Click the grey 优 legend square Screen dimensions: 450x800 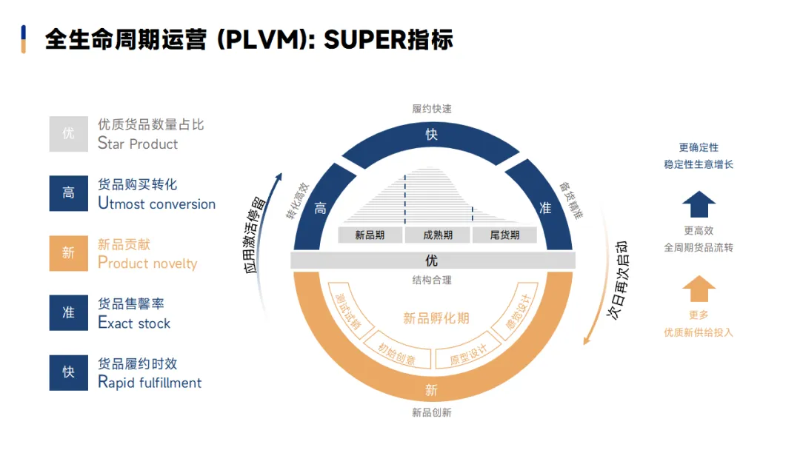69,134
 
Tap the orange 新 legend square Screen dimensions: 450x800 69,253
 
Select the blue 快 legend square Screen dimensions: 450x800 69,372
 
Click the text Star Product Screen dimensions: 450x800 138,144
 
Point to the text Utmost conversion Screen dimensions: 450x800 156,204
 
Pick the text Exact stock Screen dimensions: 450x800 134,323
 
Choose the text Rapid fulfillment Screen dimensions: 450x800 150,383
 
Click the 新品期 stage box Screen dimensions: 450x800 370,235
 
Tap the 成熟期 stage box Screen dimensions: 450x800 438,235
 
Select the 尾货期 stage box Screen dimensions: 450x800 505,235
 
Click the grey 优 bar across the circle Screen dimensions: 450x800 432,261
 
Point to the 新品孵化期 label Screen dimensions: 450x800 436,318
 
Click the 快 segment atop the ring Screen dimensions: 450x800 432,135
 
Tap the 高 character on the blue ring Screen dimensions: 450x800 320,209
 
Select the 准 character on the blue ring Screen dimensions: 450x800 545,209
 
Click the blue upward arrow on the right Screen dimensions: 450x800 699,204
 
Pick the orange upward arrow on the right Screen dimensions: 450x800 699,289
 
